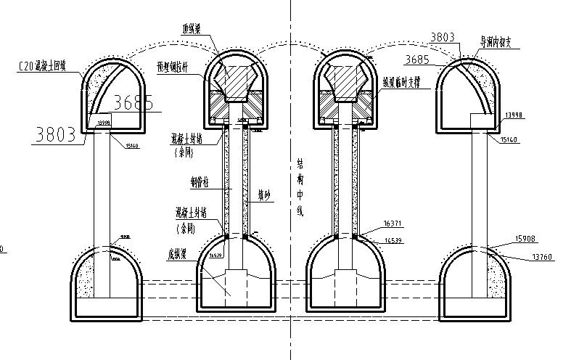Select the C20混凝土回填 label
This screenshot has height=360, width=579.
pyautogui.click(x=42, y=67)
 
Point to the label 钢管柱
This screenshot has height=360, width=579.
pyautogui.click(x=202, y=181)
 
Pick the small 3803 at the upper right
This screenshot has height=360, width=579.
pyautogui.click(x=443, y=36)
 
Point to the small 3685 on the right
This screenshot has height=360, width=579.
pyautogui.click(x=420, y=59)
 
